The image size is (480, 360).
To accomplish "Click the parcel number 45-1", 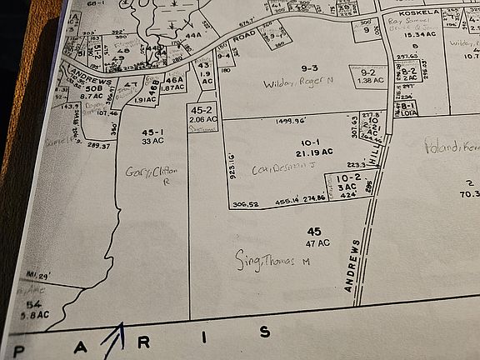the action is coord(152,132).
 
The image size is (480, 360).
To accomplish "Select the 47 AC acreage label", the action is coord(317,242).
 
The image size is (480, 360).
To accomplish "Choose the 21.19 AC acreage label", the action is coord(314,152).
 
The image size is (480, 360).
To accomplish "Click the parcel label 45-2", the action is coord(202,110).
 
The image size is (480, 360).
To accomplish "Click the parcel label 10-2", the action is coord(348,177).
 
